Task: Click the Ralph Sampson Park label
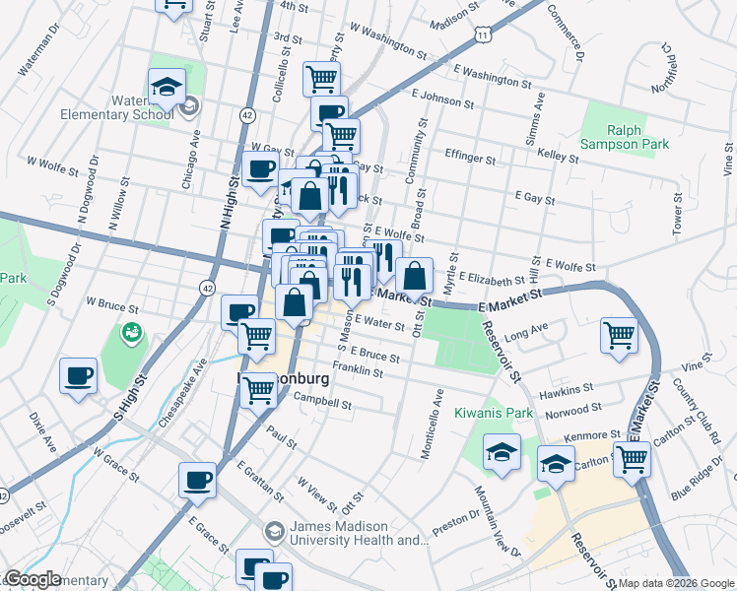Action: (625, 137)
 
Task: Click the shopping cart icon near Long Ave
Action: (619, 336)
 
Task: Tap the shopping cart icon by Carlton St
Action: (631, 458)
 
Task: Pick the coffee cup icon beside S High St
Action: (78, 375)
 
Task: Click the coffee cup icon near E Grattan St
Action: (197, 480)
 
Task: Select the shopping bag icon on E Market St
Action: (416, 275)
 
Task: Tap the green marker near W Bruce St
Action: (130, 334)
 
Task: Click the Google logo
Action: (33, 579)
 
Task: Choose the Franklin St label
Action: (357, 370)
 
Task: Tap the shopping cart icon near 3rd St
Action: (321, 78)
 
